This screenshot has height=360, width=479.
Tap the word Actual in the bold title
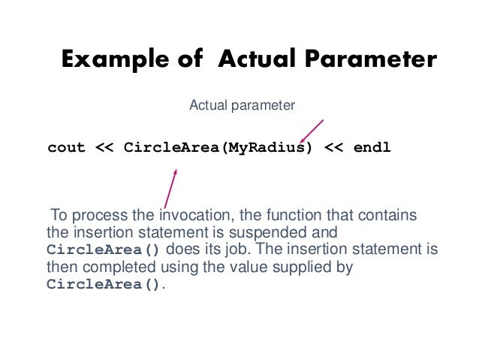click(x=254, y=60)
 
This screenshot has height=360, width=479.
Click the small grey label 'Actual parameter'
click(x=242, y=106)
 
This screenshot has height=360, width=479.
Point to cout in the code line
click(x=67, y=147)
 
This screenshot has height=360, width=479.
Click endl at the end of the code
click(x=372, y=147)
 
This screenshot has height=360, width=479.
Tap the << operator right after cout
click(x=104, y=147)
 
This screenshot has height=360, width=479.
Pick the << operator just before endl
click(x=335, y=147)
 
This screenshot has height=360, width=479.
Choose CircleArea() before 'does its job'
click(x=104, y=250)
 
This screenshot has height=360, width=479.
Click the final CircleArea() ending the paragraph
click(x=104, y=284)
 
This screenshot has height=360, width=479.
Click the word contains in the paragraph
click(x=390, y=216)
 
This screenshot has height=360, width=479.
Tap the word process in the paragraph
click(x=92, y=216)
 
